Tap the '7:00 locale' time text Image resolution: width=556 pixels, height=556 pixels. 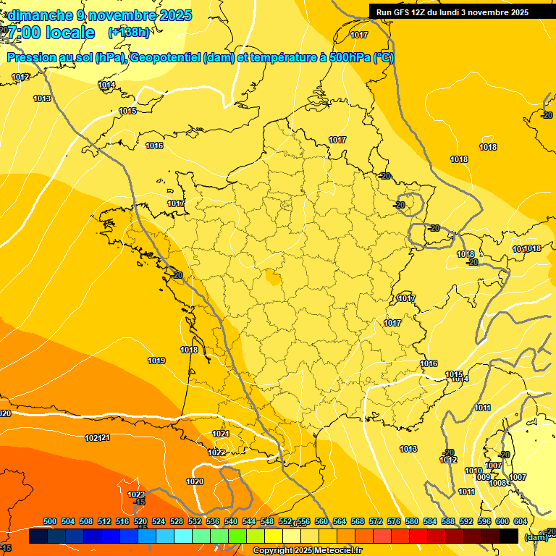point(51,33)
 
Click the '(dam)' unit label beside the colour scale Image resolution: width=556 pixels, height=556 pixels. point(535,536)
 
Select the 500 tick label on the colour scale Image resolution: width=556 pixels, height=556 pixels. point(50,521)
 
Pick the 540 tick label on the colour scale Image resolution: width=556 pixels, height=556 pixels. point(231,521)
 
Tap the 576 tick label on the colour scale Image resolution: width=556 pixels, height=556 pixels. point(394,521)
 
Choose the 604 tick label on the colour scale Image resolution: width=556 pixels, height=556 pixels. point(520,521)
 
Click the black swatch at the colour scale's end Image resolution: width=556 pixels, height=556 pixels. point(509,536)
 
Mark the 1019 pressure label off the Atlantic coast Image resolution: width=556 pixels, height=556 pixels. point(156,361)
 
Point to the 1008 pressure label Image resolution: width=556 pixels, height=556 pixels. point(497,483)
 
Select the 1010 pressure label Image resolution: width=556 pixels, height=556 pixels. point(473,471)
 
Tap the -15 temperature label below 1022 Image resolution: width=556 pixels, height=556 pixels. point(139,502)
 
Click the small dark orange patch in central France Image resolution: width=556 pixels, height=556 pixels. point(274,277)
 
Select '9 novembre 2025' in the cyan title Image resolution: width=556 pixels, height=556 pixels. point(135,15)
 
